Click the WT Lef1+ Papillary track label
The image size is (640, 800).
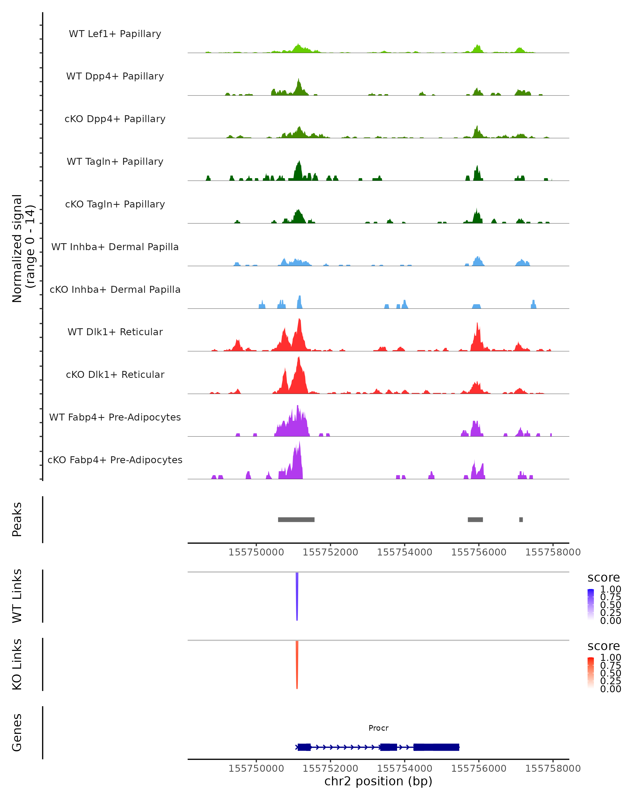(115, 34)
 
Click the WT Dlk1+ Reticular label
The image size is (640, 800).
(115, 332)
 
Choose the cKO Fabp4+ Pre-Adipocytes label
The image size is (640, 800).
(115, 460)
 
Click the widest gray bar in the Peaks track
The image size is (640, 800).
(296, 519)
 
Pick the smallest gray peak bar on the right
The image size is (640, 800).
(521, 519)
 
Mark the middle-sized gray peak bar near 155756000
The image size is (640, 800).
(475, 519)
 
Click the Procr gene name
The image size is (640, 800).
(378, 728)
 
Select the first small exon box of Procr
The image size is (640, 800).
(304, 747)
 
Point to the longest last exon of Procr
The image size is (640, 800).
(436, 747)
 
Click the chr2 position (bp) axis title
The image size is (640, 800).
(378, 781)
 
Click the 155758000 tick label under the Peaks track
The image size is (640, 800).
(553, 552)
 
